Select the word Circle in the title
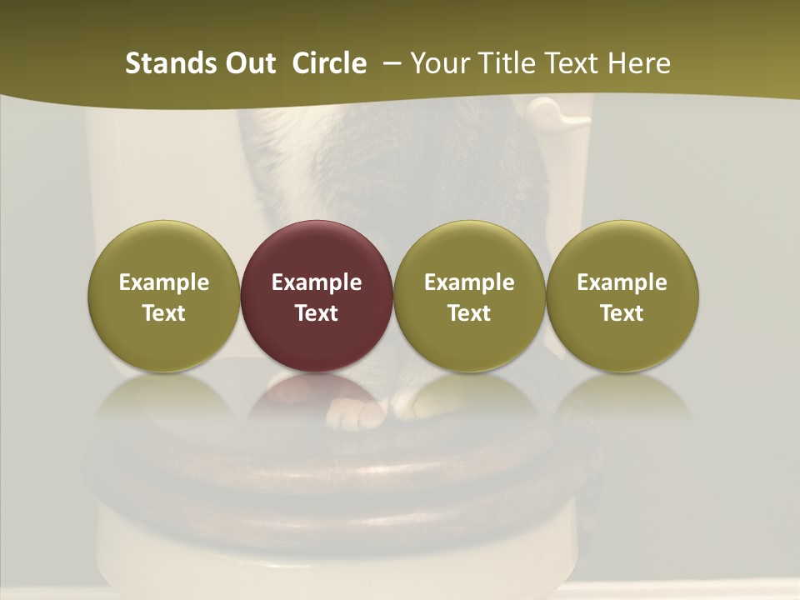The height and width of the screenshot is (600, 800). (329, 63)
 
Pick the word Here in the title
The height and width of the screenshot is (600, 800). (639, 63)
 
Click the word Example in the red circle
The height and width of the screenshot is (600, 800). (317, 282)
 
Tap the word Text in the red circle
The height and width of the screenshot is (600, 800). (317, 313)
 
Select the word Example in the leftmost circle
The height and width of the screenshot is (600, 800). (164, 282)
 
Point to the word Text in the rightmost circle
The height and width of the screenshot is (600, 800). (622, 313)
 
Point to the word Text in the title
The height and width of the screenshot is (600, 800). (571, 63)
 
